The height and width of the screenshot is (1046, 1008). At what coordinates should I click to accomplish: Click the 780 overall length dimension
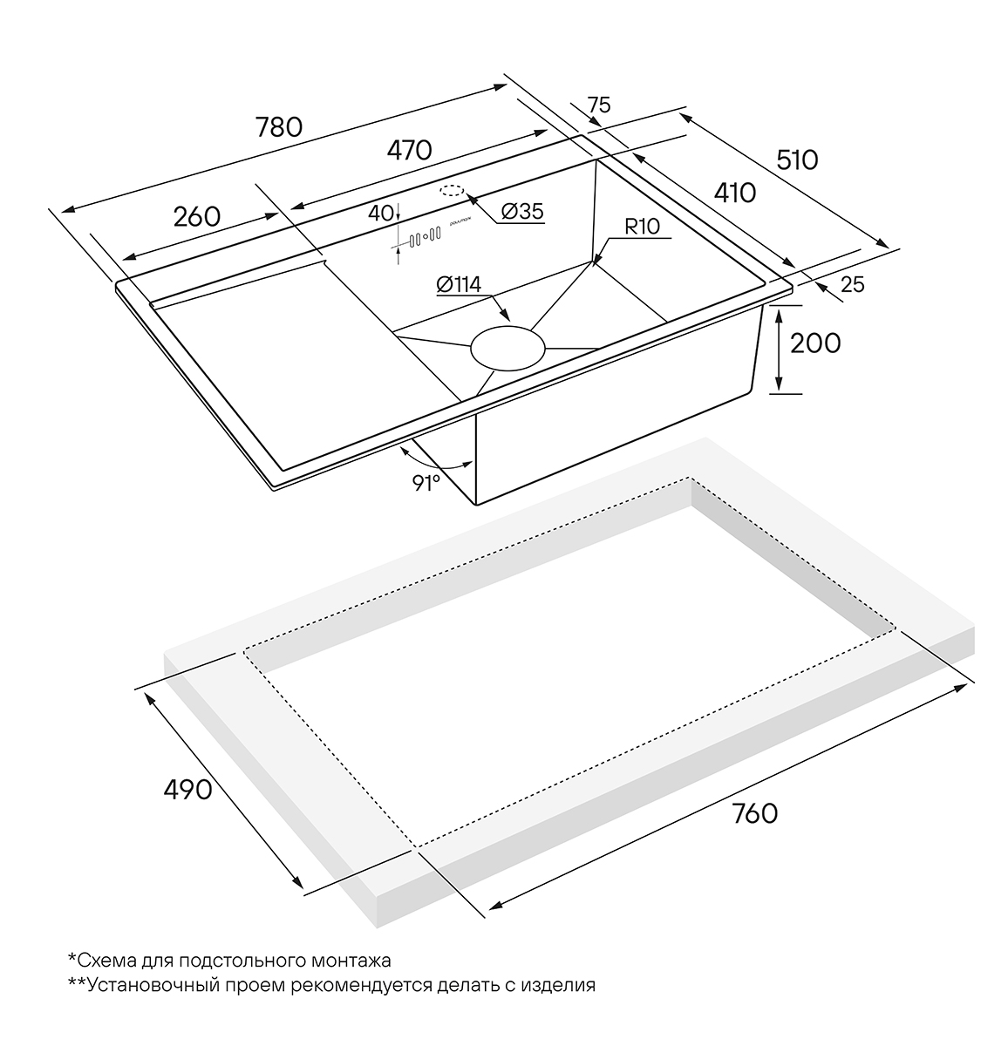[x=278, y=127]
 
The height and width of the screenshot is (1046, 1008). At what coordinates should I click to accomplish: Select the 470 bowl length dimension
[x=409, y=150]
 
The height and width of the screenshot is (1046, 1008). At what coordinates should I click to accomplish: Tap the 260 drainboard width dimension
[x=196, y=215]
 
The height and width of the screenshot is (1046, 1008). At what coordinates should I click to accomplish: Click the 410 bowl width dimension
[x=734, y=192]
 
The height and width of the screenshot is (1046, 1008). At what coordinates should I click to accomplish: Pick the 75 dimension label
[x=598, y=105]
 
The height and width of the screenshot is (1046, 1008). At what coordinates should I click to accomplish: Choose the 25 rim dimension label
[x=853, y=284]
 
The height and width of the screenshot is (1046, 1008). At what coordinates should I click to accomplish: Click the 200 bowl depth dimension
[x=814, y=343]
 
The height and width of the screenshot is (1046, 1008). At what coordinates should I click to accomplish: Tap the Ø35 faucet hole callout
[x=523, y=211]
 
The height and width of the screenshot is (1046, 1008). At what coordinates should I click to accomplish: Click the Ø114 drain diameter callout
[x=456, y=285]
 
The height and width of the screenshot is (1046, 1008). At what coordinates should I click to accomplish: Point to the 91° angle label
[x=426, y=482]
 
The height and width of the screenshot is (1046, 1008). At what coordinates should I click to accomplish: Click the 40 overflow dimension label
[x=381, y=212]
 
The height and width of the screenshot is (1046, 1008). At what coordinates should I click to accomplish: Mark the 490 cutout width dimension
[x=187, y=790]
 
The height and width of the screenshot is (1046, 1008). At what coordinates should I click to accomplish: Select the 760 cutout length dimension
[x=755, y=813]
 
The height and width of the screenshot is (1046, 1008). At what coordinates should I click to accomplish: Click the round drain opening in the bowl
[x=507, y=347]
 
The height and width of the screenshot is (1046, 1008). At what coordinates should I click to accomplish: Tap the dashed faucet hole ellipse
[x=453, y=191]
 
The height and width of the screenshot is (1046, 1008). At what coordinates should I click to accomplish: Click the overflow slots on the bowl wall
[x=420, y=236]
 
